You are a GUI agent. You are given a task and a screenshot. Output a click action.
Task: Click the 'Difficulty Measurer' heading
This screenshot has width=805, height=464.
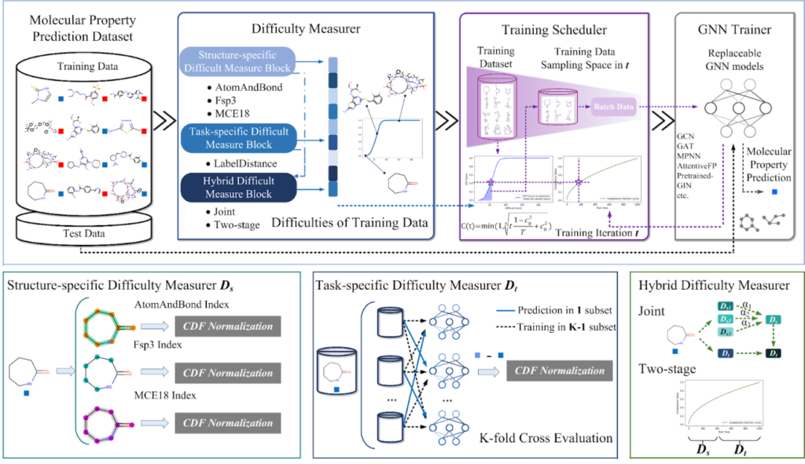[305, 29]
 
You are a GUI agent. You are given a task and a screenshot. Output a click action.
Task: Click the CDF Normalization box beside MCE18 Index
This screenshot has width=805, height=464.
[225, 422]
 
